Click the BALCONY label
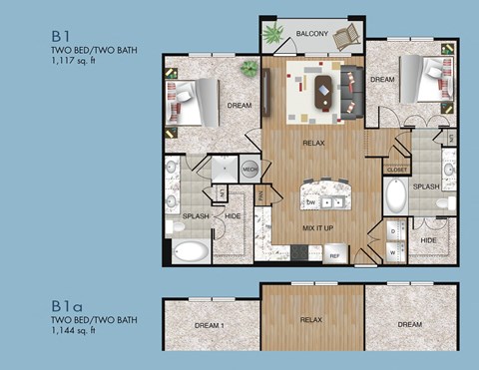pyautogui.click(x=311, y=35)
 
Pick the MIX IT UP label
pyautogui.click(x=317, y=229)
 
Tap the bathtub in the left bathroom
pyautogui.click(x=192, y=249)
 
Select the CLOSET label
pyautogui.click(x=396, y=170)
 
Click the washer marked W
pyautogui.click(x=392, y=251)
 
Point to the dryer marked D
pyautogui.click(x=392, y=230)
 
